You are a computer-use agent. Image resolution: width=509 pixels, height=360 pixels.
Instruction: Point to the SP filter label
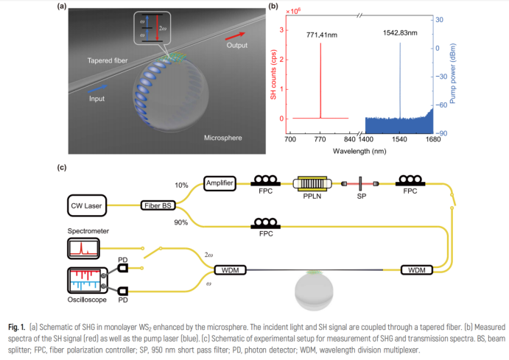(x=362, y=197)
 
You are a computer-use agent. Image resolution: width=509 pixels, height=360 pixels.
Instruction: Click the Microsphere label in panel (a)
(x=224, y=137)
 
